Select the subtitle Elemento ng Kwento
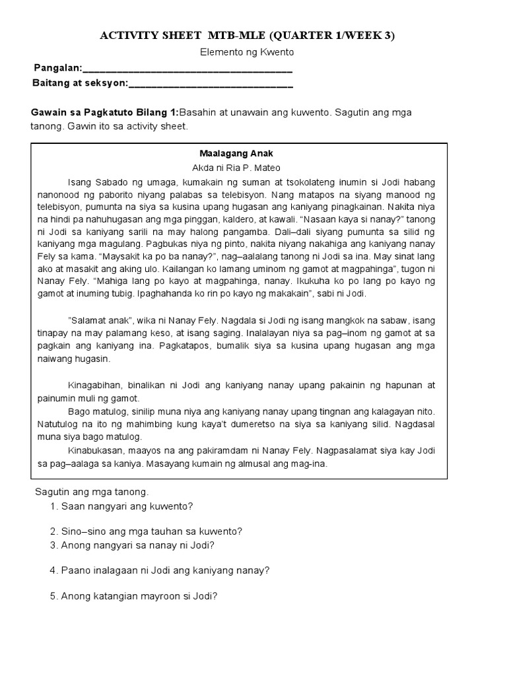(x=247, y=52)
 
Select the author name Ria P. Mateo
(x=253, y=168)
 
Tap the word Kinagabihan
(x=98, y=385)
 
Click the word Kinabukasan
(x=98, y=450)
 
